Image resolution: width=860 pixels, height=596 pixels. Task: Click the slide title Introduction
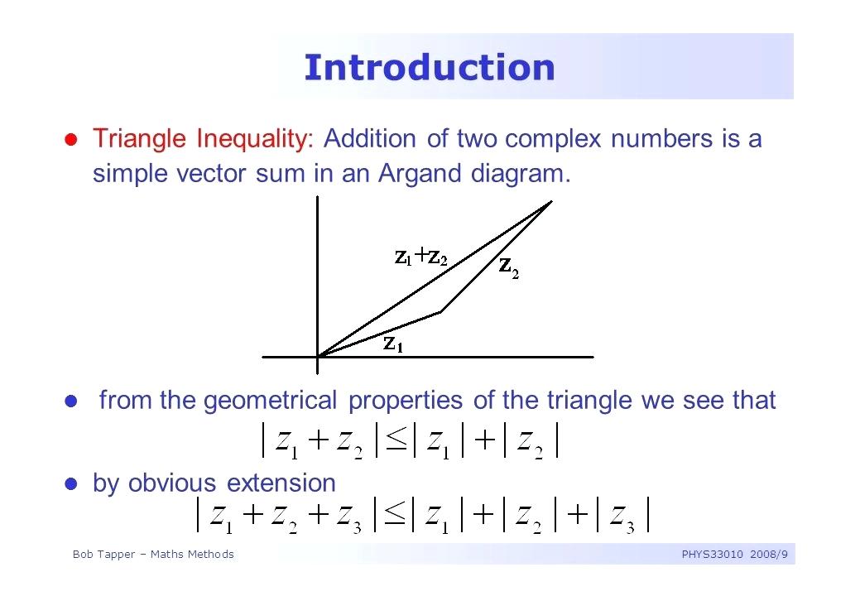tap(430, 67)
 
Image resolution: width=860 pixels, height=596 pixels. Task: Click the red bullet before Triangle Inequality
tap(70, 139)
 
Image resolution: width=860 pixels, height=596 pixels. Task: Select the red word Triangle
tap(139, 139)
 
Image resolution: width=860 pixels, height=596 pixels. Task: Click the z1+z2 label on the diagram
tap(420, 256)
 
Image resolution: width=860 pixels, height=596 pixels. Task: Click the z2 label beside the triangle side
tap(508, 267)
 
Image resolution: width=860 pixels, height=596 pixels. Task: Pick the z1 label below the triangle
tap(392, 344)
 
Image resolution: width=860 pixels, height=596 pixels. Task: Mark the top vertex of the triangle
tap(551, 202)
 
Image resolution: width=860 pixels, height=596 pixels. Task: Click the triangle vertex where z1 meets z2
tap(441, 313)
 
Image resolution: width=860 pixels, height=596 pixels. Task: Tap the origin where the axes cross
tap(318, 357)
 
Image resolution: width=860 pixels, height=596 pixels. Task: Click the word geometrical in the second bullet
tap(271, 401)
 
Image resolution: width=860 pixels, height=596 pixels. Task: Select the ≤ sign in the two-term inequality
tap(396, 440)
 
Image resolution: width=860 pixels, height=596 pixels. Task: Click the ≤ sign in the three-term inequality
tap(395, 515)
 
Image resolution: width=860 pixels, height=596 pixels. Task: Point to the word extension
tap(281, 483)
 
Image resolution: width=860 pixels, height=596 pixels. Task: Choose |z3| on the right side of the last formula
tap(622, 515)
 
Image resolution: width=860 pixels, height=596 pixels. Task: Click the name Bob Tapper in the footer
tap(103, 555)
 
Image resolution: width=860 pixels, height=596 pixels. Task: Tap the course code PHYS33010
tap(712, 555)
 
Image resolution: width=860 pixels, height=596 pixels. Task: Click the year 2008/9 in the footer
tap(769, 555)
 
